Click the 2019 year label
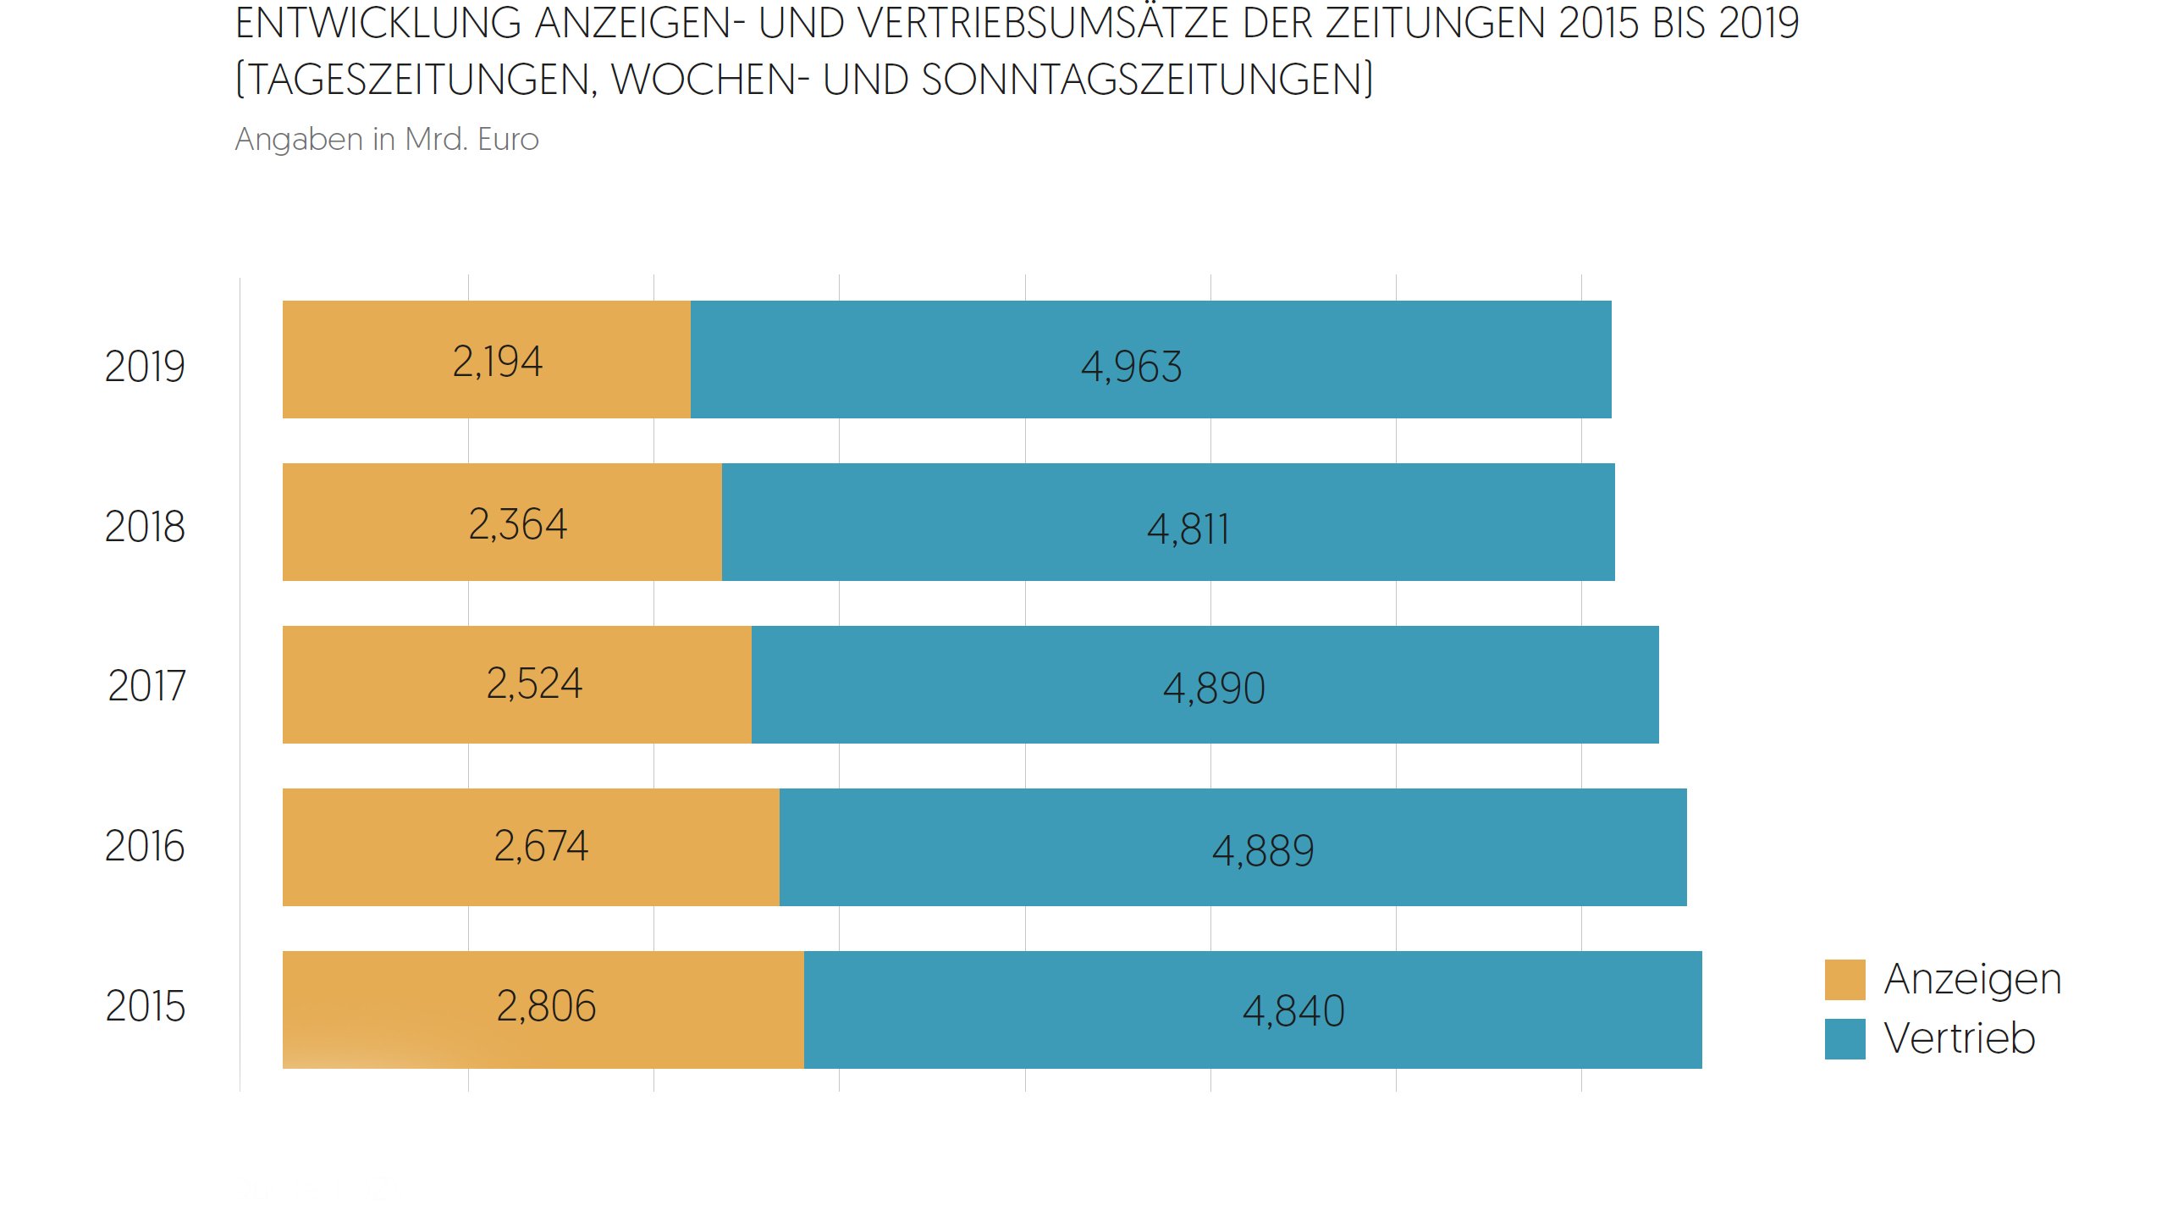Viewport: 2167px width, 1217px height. (145, 367)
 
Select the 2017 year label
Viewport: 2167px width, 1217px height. (146, 686)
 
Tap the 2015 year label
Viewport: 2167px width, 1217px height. (145, 1006)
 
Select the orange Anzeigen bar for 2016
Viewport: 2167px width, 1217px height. (381, 848)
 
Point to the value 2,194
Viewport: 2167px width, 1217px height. (497, 362)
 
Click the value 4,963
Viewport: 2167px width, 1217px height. (1131, 368)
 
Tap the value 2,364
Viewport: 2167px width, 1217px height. (517, 524)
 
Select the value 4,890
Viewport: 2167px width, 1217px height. (1214, 688)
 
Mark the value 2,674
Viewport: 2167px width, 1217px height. (541, 846)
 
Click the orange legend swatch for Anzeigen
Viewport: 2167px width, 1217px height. (1844, 980)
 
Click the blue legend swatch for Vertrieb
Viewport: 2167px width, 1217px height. (1844, 1039)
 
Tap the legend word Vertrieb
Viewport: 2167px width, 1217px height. (1959, 1038)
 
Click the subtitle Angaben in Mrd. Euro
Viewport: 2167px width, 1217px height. (387, 139)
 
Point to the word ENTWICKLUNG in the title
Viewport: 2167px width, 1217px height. (378, 24)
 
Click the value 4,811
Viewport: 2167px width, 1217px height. (1188, 530)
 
